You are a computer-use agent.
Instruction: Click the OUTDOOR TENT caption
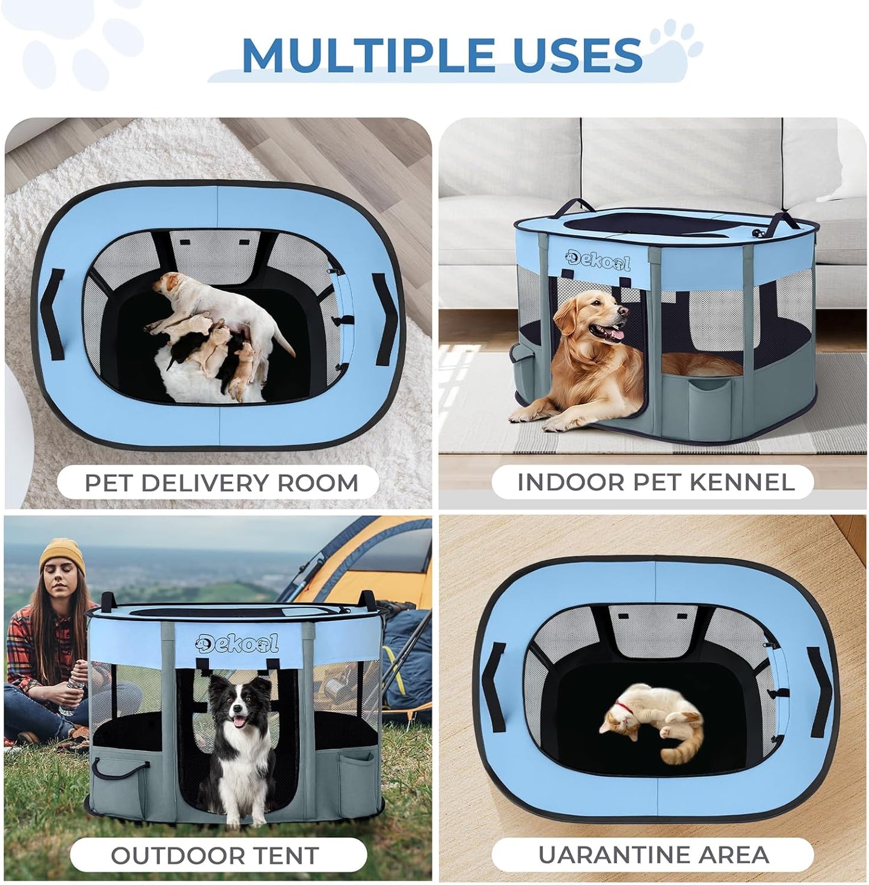pyautogui.click(x=215, y=855)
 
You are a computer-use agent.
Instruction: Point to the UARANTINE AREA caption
pyautogui.click(x=653, y=854)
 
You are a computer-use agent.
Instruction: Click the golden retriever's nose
pyautogui.click(x=624, y=312)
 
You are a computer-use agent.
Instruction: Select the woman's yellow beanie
pyautogui.click(x=62, y=554)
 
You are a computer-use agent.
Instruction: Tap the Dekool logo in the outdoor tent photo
pyautogui.click(x=237, y=643)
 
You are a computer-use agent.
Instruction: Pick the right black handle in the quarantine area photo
pyautogui.click(x=820, y=685)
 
